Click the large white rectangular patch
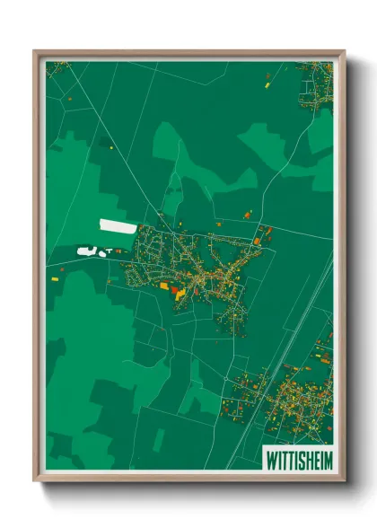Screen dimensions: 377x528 tap(118, 225)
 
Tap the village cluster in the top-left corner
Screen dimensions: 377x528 tap(57, 67)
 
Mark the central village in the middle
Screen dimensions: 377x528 tap(202, 269)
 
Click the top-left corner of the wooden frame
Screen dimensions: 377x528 tap(36, 52)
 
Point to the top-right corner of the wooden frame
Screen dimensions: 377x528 tap(343, 52)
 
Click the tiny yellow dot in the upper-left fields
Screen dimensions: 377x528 tap(111, 148)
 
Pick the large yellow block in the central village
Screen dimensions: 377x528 tap(180, 293)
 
